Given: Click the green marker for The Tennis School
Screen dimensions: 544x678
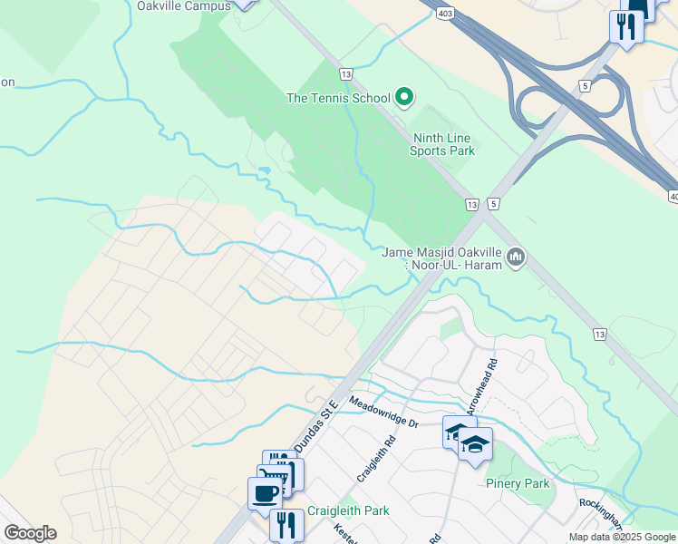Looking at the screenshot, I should (405, 97).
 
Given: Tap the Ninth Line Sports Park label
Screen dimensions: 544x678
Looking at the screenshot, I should (442, 145).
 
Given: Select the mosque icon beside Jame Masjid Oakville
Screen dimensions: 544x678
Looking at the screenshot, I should (516, 258).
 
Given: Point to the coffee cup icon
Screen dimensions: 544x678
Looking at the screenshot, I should (265, 493).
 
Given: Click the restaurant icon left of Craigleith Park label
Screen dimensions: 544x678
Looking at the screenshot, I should (286, 523).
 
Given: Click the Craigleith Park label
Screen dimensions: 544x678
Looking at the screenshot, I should (348, 510).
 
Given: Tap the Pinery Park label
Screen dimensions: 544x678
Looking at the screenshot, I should (517, 483).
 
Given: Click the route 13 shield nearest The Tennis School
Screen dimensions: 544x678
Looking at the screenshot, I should (345, 73).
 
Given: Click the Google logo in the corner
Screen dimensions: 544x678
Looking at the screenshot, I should (30, 533).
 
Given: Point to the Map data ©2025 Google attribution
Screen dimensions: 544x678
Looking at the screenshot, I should (621, 537).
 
